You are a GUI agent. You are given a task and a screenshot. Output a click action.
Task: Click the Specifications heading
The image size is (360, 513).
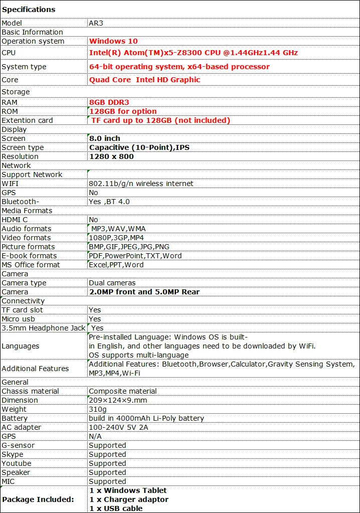click(29, 10)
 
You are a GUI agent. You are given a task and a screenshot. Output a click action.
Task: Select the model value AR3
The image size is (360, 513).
click(97, 23)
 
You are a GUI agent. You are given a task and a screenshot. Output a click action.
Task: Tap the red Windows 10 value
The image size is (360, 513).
click(113, 41)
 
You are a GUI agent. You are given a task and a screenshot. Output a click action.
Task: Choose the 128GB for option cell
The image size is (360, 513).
click(123, 111)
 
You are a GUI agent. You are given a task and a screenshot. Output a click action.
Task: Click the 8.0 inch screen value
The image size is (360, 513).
click(105, 138)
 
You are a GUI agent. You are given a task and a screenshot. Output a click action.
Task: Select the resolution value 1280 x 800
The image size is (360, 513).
click(111, 156)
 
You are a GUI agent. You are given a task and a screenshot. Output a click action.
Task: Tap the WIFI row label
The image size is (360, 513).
click(10, 184)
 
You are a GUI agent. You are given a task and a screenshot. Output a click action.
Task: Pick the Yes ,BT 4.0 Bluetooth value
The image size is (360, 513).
click(109, 202)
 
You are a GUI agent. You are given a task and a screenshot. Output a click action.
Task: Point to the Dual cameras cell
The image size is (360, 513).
click(112, 283)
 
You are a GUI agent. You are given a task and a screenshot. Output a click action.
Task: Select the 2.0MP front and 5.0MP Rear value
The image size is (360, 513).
click(144, 292)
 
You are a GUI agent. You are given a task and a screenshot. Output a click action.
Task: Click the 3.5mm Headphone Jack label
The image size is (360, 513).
click(44, 328)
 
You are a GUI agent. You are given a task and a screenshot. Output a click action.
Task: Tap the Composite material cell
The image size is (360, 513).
click(123, 391)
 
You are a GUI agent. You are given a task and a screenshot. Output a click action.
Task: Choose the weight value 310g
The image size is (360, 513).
click(97, 409)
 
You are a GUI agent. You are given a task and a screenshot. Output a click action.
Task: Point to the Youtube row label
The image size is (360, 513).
click(17, 463)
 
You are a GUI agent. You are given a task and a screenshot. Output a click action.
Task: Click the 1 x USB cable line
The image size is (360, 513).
click(116, 508)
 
